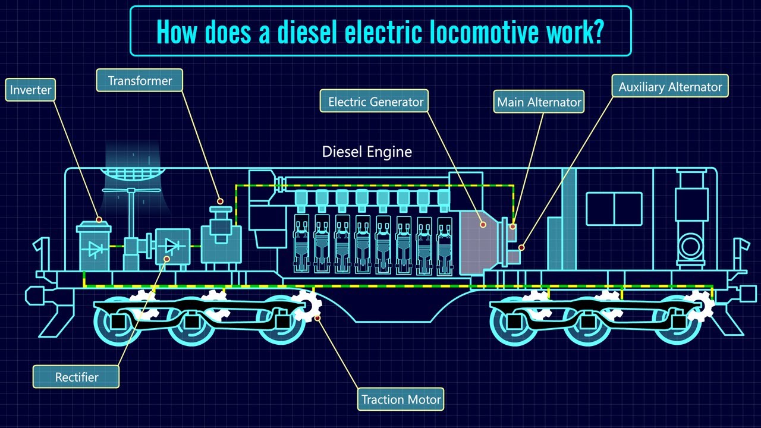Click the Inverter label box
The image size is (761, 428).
tap(30, 90)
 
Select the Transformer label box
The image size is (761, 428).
tap(140, 80)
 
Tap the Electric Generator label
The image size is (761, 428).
tap(374, 101)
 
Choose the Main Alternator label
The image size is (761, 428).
tap(539, 102)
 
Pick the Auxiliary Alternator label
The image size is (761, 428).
tap(670, 86)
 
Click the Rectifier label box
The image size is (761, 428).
tap(76, 377)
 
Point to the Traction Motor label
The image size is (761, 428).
tap(401, 399)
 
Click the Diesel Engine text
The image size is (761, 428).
tap(367, 152)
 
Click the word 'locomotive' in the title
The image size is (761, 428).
tap(484, 32)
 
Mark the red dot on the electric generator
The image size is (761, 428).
tap(483, 225)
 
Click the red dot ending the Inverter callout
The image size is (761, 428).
tap(99, 220)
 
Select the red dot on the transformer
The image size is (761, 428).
tap(220, 202)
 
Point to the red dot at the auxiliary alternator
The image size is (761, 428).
tap(521, 248)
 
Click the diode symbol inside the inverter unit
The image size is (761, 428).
tap(95, 250)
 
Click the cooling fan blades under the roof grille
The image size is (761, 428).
tap(131, 190)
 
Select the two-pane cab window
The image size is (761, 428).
tap(614, 209)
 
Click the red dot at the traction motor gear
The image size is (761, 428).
tap(317, 318)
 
